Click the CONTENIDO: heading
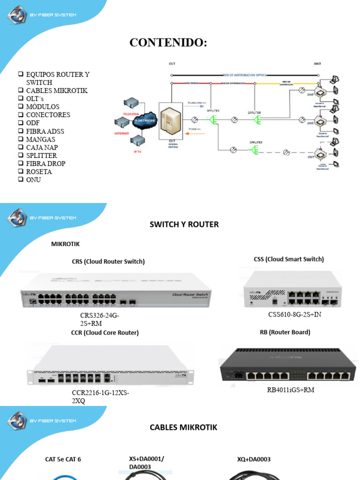168,43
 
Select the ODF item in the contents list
33,123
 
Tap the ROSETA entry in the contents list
39,172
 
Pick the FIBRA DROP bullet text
45,164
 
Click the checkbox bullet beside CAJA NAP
21,147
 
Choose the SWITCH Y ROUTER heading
184,225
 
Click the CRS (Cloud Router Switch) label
108,262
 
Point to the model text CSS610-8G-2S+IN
294,315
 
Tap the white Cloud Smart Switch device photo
288,289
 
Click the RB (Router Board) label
285,332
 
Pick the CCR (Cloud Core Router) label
105,333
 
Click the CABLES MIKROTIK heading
183,427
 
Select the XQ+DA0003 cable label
254,459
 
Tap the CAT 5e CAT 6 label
66,459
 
